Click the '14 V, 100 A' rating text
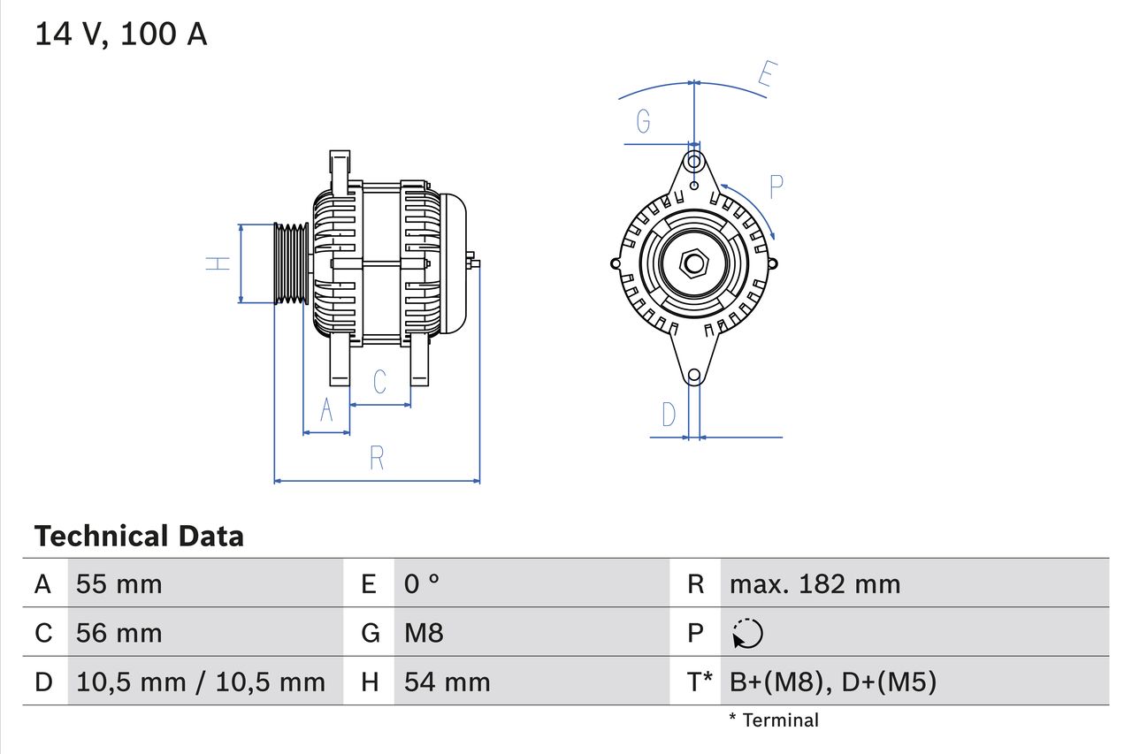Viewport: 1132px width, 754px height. pyautogui.click(x=121, y=34)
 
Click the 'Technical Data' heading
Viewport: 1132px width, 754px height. pyautogui.click(x=139, y=537)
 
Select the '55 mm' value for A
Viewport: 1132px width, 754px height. pyautogui.click(x=119, y=584)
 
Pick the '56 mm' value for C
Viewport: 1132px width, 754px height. pyautogui.click(x=119, y=633)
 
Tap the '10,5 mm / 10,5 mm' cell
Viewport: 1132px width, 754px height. pyautogui.click(x=201, y=682)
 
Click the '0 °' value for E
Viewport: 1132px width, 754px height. pyautogui.click(x=422, y=584)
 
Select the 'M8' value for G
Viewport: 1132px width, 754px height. pyautogui.click(x=424, y=633)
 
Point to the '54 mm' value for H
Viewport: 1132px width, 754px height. pyautogui.click(x=447, y=682)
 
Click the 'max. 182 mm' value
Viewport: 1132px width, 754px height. pyautogui.click(x=815, y=584)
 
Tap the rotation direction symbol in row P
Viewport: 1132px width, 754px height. pyautogui.click(x=748, y=633)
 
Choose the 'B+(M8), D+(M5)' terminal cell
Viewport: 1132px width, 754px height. pyautogui.click(x=832, y=682)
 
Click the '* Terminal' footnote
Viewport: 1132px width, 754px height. pyautogui.click(x=774, y=720)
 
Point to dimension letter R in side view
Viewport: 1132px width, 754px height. pyautogui.click(x=377, y=458)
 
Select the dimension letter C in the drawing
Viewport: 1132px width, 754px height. pyautogui.click(x=379, y=382)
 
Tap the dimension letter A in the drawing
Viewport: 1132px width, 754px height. pyautogui.click(x=326, y=411)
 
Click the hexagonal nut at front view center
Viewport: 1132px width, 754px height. pyautogui.click(x=694, y=263)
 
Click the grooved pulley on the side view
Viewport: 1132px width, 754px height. pyautogui.click(x=290, y=263)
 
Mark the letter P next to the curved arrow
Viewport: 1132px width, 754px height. pyautogui.click(x=776, y=187)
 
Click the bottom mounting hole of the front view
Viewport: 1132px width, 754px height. pyautogui.click(x=694, y=376)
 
